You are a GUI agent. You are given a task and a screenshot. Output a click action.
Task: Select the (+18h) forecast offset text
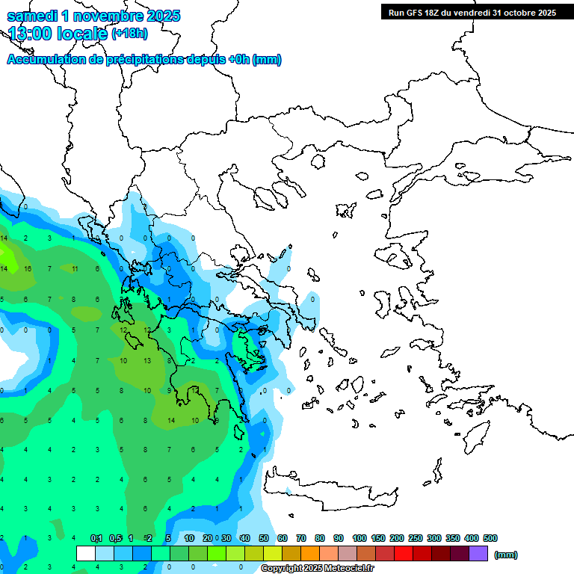[129, 34]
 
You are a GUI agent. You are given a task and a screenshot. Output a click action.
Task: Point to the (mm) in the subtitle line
[267, 60]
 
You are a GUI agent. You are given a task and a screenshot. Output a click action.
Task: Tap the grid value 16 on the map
[27, 269]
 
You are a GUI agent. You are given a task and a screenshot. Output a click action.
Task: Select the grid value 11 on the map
[75, 269]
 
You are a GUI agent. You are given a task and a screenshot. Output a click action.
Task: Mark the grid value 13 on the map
[147, 360]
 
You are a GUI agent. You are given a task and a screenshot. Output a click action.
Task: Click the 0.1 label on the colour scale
[96, 538]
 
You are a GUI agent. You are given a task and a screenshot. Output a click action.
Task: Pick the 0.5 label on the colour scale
[115, 538]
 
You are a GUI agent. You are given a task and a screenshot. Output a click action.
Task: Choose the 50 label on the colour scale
[263, 538]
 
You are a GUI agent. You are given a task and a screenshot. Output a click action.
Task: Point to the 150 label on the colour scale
[377, 538]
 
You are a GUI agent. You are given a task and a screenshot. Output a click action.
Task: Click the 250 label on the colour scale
[416, 538]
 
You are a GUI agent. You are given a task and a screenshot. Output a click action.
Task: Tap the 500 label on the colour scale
[490, 538]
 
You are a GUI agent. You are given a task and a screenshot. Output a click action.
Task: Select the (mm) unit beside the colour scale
[506, 555]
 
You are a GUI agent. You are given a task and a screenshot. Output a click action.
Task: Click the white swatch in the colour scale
[86, 554]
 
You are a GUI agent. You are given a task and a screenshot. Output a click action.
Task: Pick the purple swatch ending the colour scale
[478, 554]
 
